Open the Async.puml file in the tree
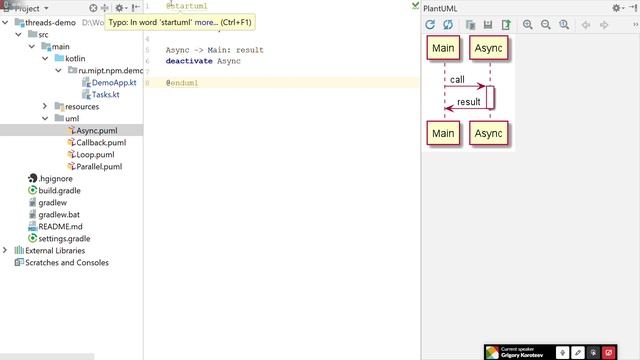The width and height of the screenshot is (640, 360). click(98, 131)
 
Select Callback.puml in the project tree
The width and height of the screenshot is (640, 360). click(100, 143)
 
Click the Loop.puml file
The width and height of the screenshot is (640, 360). click(95, 155)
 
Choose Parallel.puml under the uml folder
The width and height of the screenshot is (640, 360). click(98, 167)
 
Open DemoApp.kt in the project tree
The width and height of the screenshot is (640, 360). click(112, 82)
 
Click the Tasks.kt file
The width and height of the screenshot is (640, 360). click(106, 94)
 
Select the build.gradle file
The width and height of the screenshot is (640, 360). click(59, 190)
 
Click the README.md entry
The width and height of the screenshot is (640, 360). click(60, 226)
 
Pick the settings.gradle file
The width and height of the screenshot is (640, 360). click(64, 239)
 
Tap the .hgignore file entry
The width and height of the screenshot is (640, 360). click(56, 178)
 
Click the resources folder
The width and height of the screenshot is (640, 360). click(81, 106)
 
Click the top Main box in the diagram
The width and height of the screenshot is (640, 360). click(444, 48)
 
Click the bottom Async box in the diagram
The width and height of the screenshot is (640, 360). click(488, 134)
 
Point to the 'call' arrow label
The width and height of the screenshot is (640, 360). click(457, 79)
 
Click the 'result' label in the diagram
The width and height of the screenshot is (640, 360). click(468, 102)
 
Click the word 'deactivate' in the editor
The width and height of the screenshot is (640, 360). click(189, 61)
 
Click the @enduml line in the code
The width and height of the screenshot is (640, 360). click(183, 83)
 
